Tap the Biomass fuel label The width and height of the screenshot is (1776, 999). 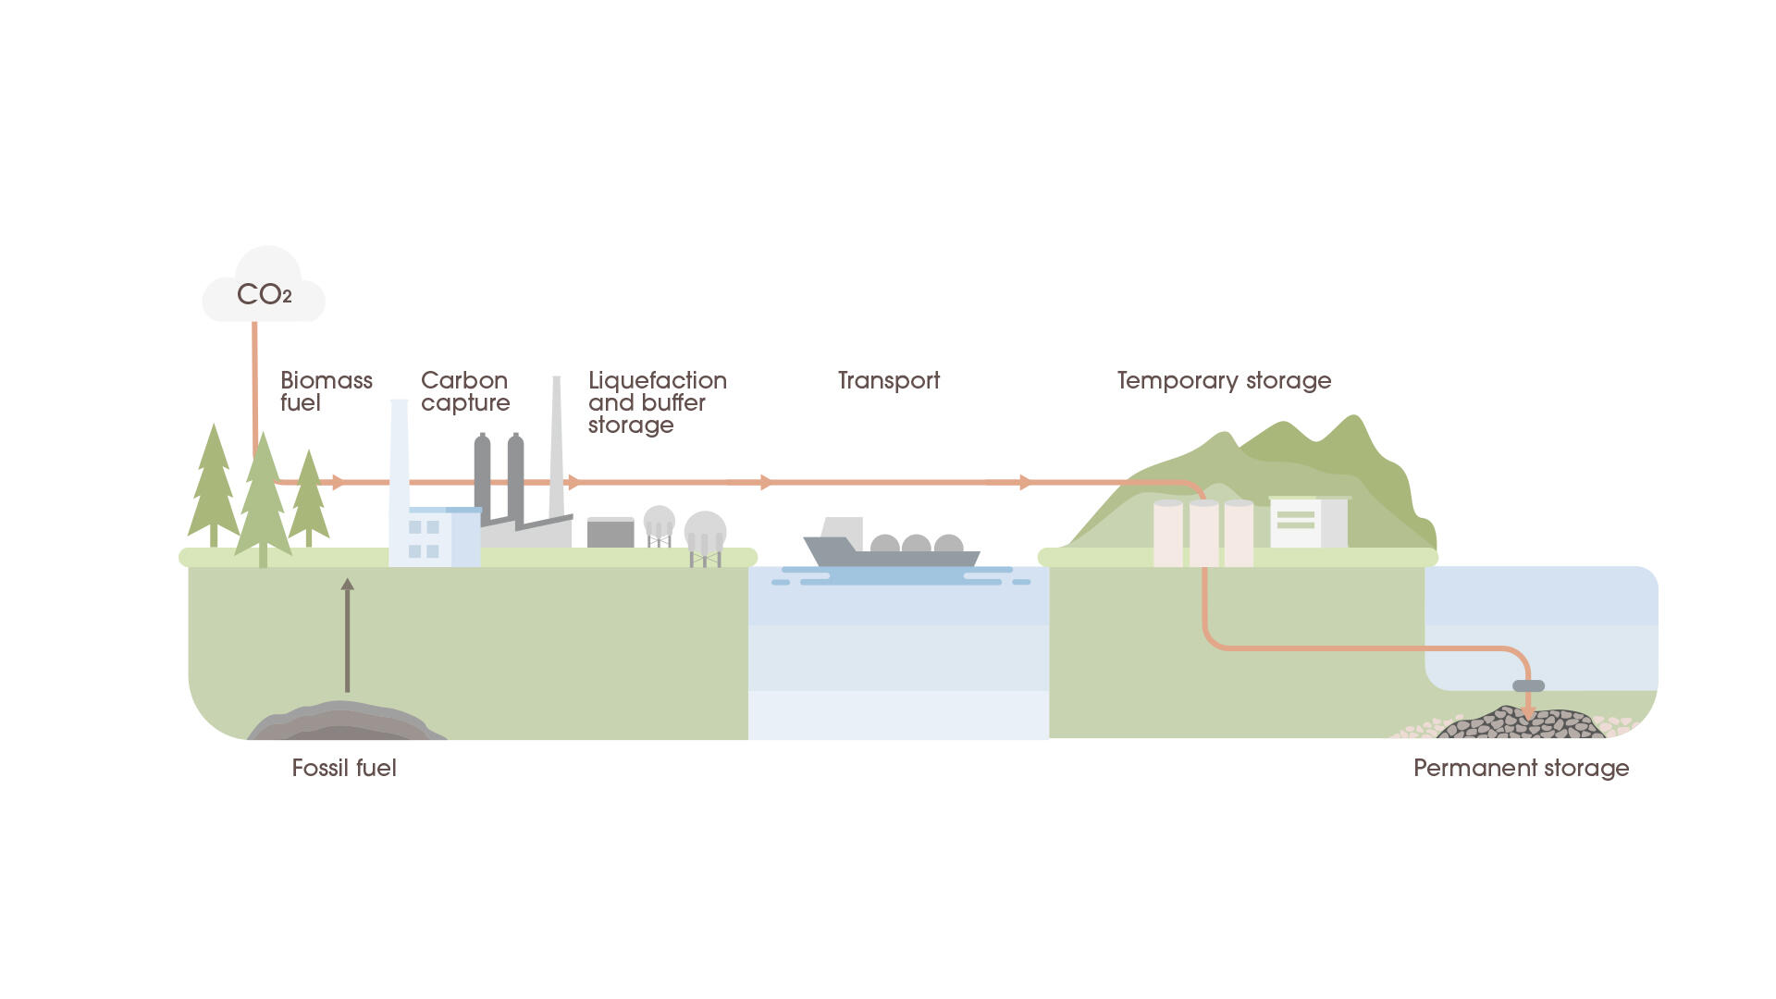[x=326, y=391]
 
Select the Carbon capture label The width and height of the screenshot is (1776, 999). [x=464, y=391]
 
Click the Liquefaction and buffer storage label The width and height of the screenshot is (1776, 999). [x=656, y=402]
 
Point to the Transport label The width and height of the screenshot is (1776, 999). [x=888, y=380]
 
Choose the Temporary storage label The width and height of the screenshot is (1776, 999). [x=1223, y=380]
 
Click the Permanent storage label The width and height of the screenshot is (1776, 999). [x=1521, y=768]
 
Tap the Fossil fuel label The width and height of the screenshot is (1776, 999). [x=343, y=768]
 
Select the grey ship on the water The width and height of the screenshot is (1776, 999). [x=891, y=551]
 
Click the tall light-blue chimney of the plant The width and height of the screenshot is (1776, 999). [x=400, y=472]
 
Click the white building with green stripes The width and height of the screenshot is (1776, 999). [x=1296, y=523]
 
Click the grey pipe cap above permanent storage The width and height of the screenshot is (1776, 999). [x=1528, y=685]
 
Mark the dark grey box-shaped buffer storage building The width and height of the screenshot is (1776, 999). [x=610, y=533]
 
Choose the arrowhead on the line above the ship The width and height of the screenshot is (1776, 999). [x=765, y=482]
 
